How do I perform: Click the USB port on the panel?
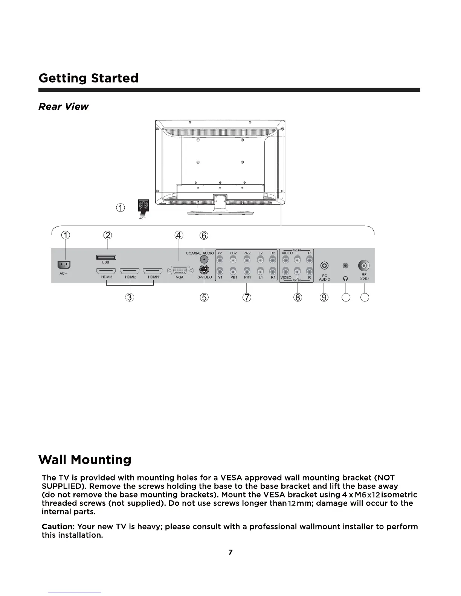pyautogui.click(x=106, y=257)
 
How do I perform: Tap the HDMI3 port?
pyautogui.click(x=106, y=271)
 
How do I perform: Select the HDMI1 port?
pyautogui.click(x=153, y=271)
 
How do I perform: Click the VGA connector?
pyautogui.click(x=179, y=271)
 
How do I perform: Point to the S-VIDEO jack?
pyautogui.click(x=204, y=270)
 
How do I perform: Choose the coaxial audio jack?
pyautogui.click(x=204, y=260)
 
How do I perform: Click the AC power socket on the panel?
pyautogui.click(x=64, y=265)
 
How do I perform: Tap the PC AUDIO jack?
pyautogui.click(x=324, y=266)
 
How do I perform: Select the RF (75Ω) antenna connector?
pyautogui.click(x=364, y=265)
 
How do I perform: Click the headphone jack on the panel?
pyautogui.click(x=345, y=266)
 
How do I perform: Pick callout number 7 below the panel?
pyautogui.click(x=247, y=297)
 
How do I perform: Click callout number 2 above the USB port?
pyautogui.click(x=108, y=235)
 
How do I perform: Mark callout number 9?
pyautogui.click(x=324, y=297)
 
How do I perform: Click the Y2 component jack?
pyautogui.click(x=220, y=260)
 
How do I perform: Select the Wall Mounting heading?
pyautogui.click(x=85, y=459)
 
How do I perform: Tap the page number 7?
pyautogui.click(x=230, y=552)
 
